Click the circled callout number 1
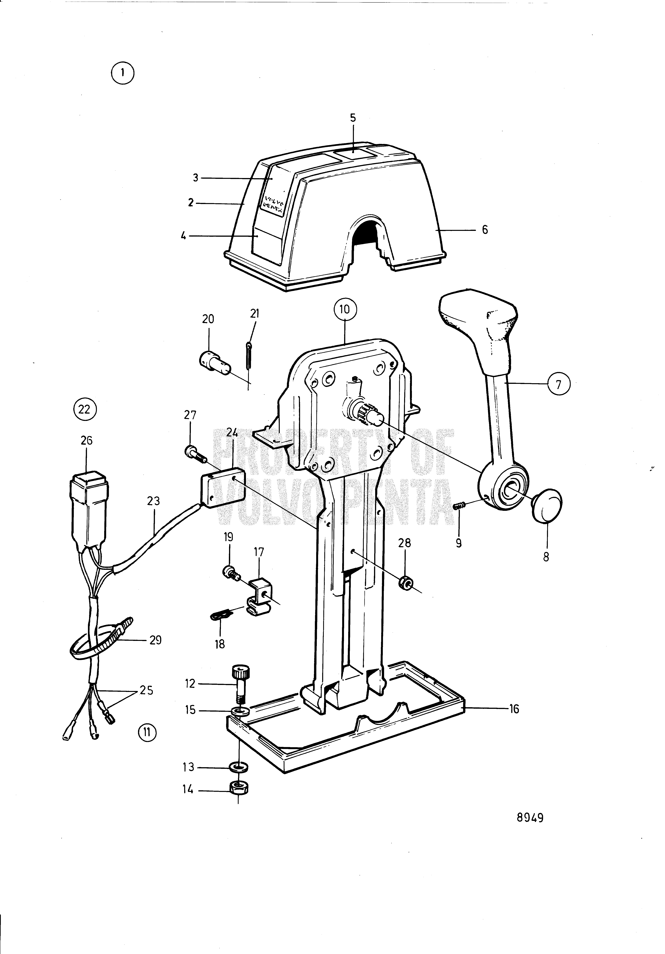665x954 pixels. [123, 73]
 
